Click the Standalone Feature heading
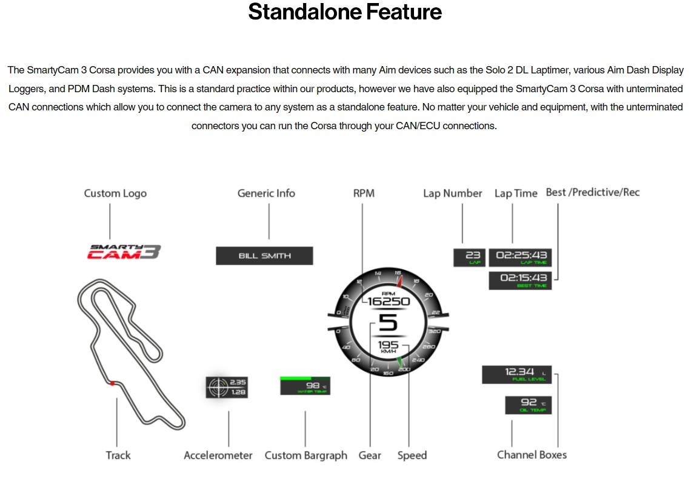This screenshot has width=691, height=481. pos(345,12)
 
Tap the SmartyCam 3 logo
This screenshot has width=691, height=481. pos(124,252)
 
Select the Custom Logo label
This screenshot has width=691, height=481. pos(115,193)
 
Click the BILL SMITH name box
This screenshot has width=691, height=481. pos(264,256)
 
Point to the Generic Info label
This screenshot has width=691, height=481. pos(266,193)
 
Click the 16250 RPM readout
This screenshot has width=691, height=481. pos(389,301)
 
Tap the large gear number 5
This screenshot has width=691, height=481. pos(388,323)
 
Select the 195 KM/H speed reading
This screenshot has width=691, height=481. pos(389,346)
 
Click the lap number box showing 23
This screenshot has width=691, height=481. pos(469,257)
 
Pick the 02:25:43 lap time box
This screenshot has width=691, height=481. pos(521,257)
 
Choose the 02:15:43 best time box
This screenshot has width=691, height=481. pos(521,280)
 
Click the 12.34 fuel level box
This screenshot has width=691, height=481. pos(517,374)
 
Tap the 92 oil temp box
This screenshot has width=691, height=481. pos(528,405)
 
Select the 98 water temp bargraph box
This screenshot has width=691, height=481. pos(305,386)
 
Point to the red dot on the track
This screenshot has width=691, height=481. pos(112,383)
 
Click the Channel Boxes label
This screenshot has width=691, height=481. pos(532,455)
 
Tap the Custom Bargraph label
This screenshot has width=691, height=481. pos(306,456)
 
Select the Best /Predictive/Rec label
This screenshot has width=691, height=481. pos(592,193)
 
